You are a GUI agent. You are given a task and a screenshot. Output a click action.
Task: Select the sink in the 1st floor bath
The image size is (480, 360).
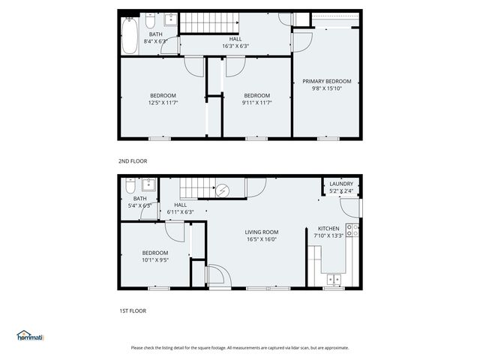[148, 185]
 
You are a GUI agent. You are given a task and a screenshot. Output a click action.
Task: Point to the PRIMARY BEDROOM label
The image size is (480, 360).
[326, 81]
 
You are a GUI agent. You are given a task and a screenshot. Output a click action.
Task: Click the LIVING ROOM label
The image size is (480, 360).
[261, 232]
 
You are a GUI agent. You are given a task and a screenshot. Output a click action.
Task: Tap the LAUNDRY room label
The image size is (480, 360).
[341, 184]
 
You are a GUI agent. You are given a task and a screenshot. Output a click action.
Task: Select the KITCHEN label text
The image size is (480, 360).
[328, 228]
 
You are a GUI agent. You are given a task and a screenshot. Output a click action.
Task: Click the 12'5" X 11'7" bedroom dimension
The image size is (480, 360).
[163, 103]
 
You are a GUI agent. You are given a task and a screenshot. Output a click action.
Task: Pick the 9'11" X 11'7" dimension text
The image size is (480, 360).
[256, 103]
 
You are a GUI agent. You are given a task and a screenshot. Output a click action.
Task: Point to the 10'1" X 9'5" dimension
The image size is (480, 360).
[155, 260]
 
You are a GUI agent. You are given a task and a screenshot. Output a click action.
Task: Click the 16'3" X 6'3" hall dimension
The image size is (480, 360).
[235, 46]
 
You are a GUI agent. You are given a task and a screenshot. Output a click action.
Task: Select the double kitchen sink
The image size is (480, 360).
[333, 280]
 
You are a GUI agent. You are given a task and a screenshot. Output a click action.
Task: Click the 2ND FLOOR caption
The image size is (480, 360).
[133, 160]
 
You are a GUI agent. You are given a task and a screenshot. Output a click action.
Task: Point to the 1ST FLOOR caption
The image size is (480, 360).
[132, 310]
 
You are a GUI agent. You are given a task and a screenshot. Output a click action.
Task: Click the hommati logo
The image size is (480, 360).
[30, 336]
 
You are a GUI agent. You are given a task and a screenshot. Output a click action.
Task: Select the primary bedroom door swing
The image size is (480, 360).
[301, 40]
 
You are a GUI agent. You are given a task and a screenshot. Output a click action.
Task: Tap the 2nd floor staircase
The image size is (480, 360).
[203, 22]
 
